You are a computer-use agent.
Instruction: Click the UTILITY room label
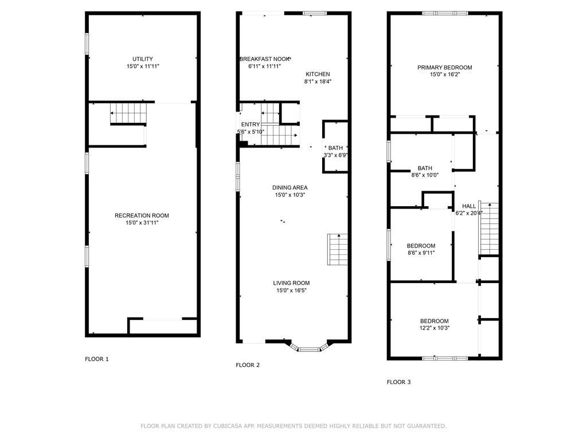coord(142,59)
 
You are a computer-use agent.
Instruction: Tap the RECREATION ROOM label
coord(142,216)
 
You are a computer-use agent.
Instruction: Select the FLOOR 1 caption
coord(96,359)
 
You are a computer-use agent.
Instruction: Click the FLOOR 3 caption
coord(398,382)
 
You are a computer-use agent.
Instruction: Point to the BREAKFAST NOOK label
coord(264,59)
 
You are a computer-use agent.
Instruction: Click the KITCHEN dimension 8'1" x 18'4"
coord(318,82)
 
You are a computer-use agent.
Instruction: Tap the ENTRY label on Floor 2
coord(250,125)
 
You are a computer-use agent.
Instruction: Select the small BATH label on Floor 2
coord(335,148)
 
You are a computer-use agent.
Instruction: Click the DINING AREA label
coord(291,188)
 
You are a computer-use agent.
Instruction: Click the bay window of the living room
coord(310,348)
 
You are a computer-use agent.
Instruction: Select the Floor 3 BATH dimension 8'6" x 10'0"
coord(425,176)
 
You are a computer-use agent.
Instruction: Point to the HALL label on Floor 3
coord(469,206)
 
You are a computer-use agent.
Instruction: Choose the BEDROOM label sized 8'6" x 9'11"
coord(421,246)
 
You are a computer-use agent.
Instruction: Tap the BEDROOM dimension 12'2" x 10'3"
coord(434,328)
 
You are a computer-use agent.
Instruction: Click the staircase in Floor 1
coord(128,113)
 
